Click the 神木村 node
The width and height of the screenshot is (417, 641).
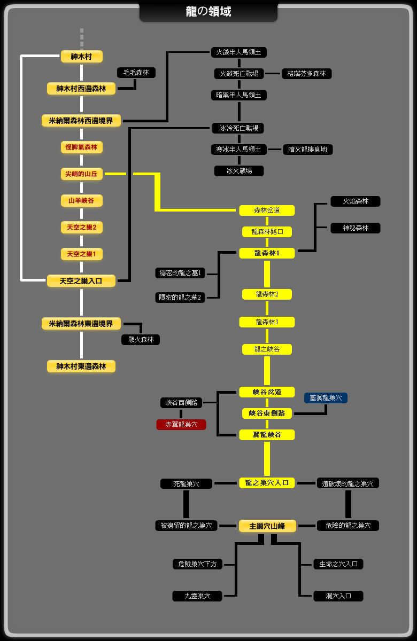pos(82,57)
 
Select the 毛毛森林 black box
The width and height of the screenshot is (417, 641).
pos(136,73)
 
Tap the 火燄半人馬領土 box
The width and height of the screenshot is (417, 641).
pos(238,52)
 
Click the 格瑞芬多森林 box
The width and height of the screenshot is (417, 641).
pos(306,74)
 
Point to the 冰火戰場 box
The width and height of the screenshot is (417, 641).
pos(239,171)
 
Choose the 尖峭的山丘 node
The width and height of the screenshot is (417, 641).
pos(82,174)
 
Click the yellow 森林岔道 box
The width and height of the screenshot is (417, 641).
pos(267,210)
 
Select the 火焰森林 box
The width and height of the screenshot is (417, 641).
pos(356,201)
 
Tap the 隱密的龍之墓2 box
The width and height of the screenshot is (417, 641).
pos(180,298)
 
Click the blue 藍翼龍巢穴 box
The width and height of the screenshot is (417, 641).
pos(326,398)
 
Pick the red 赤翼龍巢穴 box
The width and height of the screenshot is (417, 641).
pos(181,425)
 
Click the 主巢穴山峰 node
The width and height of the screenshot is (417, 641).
pos(267,526)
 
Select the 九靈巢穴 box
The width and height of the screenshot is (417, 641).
pos(197,596)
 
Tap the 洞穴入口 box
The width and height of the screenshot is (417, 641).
pos(338,596)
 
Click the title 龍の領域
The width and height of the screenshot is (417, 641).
pos(208,12)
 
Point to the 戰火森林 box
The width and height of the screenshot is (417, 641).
pos(141,340)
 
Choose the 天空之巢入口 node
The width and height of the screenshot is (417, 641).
pos(81,281)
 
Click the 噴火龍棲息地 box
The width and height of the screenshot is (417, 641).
pos(307,150)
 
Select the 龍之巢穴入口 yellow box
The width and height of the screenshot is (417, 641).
pos(267,483)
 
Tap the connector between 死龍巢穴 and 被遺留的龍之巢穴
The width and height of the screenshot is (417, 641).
pos(186,504)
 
